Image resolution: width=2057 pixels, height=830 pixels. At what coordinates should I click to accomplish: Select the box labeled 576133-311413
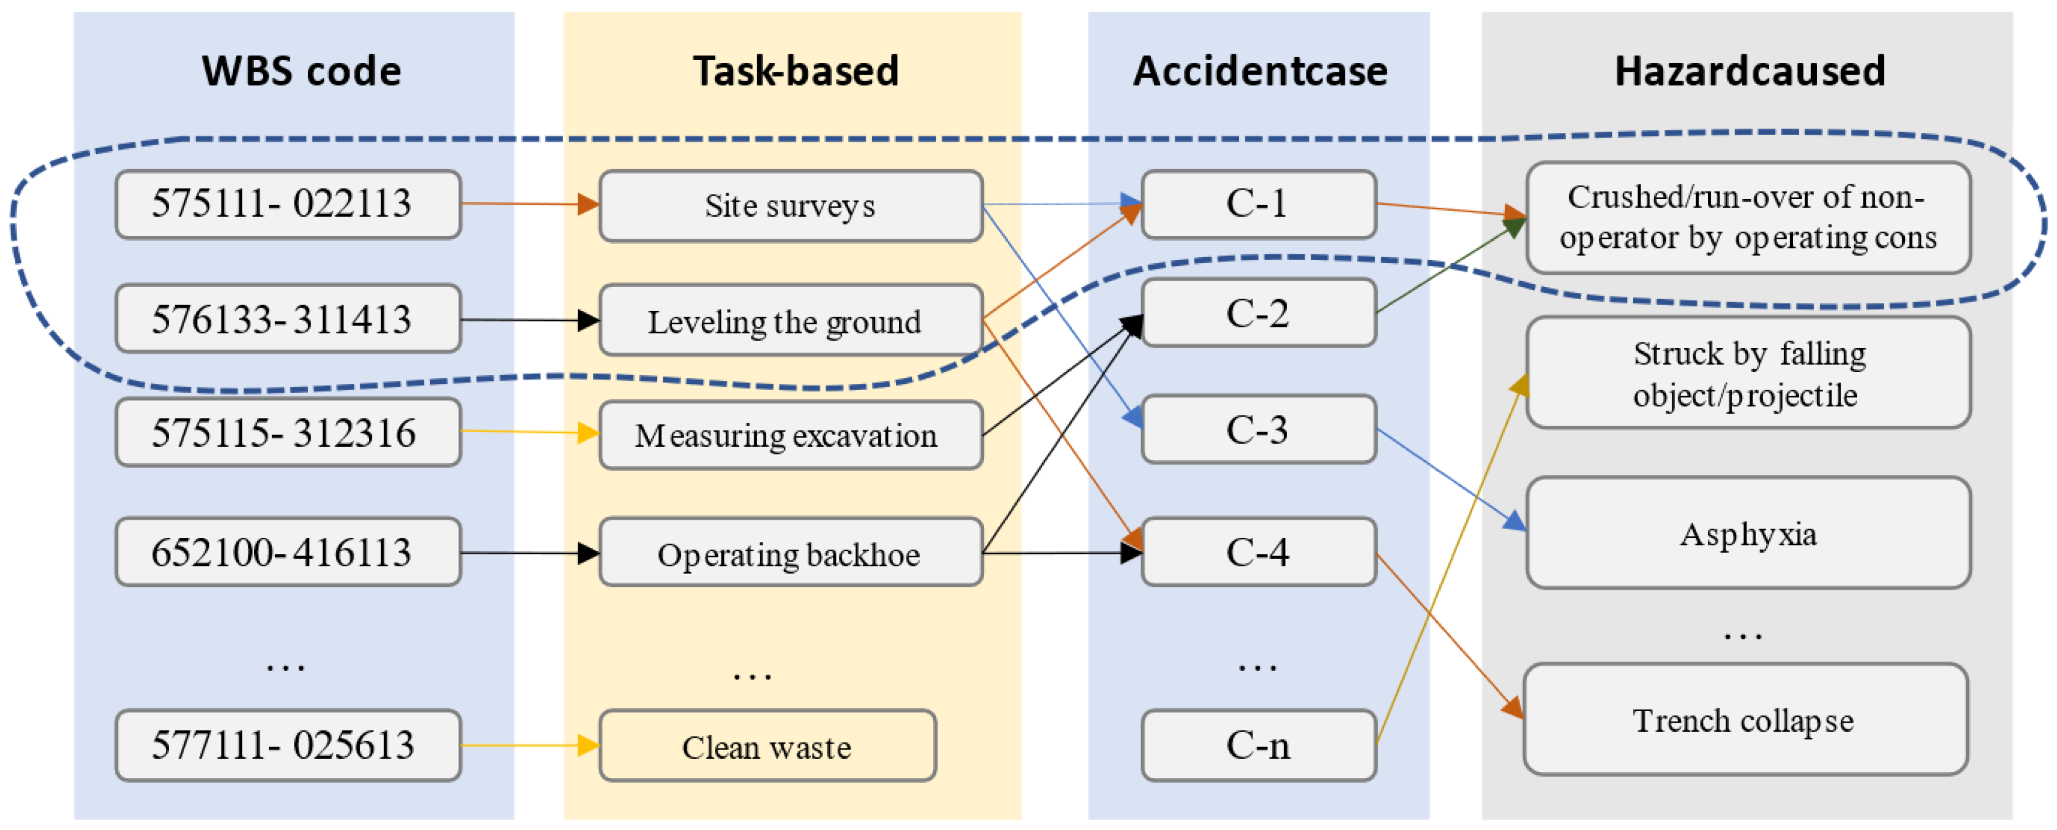tap(287, 318)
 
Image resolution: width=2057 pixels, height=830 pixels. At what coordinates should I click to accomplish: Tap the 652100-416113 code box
tap(287, 552)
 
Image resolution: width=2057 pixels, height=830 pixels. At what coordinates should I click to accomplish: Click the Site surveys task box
tap(790, 205)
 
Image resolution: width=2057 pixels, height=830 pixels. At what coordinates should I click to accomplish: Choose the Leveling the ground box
tap(790, 320)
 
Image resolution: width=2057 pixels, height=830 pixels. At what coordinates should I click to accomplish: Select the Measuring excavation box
tap(790, 435)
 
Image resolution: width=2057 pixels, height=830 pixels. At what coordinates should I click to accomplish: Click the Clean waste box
tap(766, 745)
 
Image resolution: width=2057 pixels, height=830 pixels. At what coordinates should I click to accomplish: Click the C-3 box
tap(1258, 429)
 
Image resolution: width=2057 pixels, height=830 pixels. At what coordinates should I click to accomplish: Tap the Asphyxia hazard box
tap(1747, 533)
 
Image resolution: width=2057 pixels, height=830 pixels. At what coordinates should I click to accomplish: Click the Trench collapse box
tap(1745, 719)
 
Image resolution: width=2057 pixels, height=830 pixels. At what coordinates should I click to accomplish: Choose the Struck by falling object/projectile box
tap(1747, 373)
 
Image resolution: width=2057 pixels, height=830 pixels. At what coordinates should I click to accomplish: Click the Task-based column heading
tap(795, 71)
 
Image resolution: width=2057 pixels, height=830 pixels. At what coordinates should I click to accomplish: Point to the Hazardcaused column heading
tap(1749, 71)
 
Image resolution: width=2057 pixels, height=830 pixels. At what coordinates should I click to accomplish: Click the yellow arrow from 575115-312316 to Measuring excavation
tap(527, 432)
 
